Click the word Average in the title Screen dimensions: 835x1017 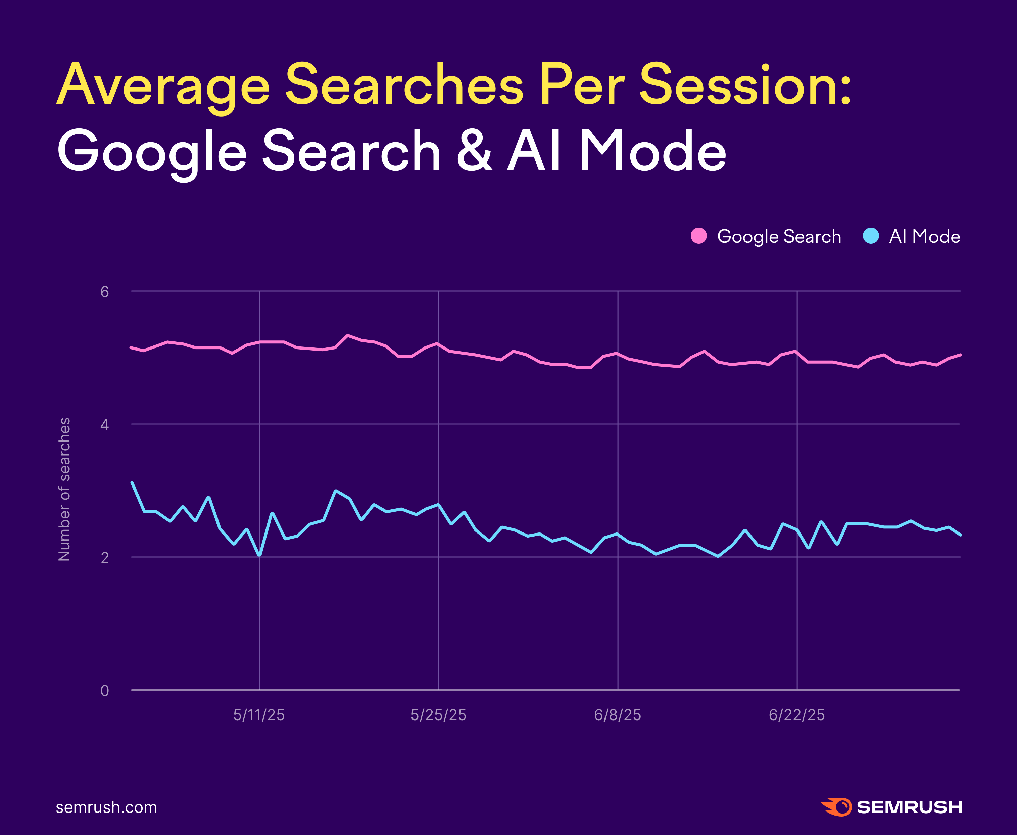[x=163, y=86]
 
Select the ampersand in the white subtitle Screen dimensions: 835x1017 [x=474, y=151]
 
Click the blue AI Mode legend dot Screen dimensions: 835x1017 [x=871, y=236]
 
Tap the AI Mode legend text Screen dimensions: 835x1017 [x=924, y=236]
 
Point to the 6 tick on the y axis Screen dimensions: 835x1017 [x=105, y=291]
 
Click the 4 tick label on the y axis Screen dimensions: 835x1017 [x=105, y=425]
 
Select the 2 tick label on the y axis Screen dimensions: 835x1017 [x=105, y=557]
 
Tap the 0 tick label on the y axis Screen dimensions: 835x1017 [x=105, y=691]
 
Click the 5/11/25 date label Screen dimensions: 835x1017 [x=259, y=715]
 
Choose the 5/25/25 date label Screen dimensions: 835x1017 [x=439, y=715]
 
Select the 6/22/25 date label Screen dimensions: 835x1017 [x=797, y=715]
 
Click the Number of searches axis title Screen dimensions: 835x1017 [x=64, y=489]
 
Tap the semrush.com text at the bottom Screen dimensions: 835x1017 [x=106, y=807]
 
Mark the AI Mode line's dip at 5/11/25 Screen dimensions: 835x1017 [x=260, y=555]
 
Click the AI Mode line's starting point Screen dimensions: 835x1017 [x=132, y=482]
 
